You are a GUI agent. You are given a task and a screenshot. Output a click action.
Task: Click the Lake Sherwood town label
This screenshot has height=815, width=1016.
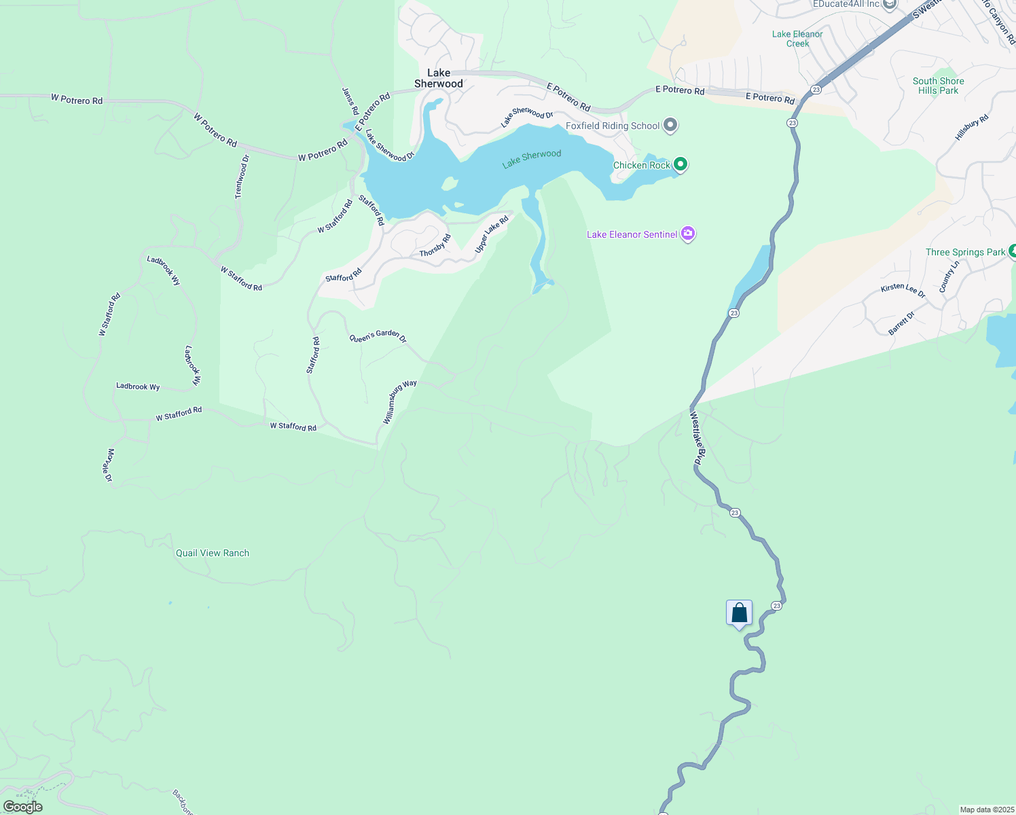439,78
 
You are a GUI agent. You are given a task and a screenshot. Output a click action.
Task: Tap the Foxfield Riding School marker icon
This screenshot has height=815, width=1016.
670,125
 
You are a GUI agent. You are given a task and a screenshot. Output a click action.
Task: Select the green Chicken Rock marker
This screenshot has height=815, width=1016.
680,164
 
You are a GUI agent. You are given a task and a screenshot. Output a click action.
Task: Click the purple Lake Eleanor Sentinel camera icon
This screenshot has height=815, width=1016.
688,234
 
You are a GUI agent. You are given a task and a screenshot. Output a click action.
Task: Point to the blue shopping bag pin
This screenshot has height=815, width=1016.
739,613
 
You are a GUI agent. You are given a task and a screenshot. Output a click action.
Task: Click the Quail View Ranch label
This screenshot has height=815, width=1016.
213,553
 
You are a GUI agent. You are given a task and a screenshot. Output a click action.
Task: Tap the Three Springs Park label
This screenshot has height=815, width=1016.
965,252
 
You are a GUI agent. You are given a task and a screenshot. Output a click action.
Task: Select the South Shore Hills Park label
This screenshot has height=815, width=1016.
938,86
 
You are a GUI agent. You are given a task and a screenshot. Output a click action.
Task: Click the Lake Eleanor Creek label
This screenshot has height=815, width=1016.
797,39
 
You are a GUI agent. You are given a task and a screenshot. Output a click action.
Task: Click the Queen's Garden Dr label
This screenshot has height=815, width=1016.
378,336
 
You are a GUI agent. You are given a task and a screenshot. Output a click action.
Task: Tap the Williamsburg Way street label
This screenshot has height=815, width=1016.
399,402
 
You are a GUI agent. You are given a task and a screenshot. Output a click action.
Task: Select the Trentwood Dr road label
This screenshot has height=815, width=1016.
242,177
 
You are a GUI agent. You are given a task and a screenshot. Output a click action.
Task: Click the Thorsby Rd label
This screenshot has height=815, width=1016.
435,246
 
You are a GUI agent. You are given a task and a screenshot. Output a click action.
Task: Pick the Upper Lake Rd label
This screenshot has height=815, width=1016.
492,235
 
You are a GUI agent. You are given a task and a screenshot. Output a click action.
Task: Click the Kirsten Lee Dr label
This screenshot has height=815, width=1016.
903,291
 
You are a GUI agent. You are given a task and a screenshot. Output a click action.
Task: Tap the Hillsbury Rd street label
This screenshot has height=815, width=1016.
972,128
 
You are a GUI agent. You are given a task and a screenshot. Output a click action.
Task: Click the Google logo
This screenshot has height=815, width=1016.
23,807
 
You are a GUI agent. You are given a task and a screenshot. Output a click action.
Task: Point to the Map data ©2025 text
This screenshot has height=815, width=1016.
986,810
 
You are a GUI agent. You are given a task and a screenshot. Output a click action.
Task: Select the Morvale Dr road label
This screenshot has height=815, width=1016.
109,465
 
